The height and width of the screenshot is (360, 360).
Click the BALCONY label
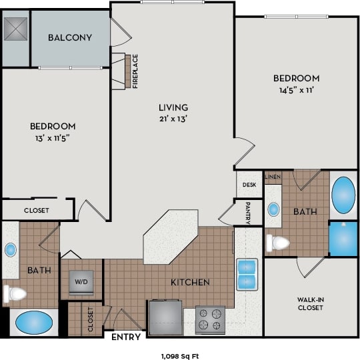click(x=69, y=37)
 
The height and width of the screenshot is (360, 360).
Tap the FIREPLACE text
click(x=135, y=71)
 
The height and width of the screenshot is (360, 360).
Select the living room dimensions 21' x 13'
click(x=173, y=119)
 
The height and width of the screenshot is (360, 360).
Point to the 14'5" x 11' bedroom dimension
click(x=295, y=90)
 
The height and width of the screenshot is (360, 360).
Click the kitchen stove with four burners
click(x=210, y=320)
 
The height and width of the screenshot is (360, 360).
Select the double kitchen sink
click(x=248, y=273)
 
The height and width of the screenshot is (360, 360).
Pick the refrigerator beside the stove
click(x=165, y=317)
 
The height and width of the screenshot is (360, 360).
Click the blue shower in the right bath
click(x=343, y=239)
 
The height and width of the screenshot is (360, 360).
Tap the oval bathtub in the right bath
click(x=343, y=194)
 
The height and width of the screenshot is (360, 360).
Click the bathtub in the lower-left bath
click(x=33, y=323)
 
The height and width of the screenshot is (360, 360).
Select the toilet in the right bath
click(x=278, y=243)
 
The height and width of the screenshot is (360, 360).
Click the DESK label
click(x=249, y=185)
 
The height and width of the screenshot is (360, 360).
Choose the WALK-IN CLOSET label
click(x=311, y=303)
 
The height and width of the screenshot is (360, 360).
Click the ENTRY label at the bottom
click(x=125, y=337)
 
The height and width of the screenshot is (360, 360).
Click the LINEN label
click(x=273, y=177)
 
